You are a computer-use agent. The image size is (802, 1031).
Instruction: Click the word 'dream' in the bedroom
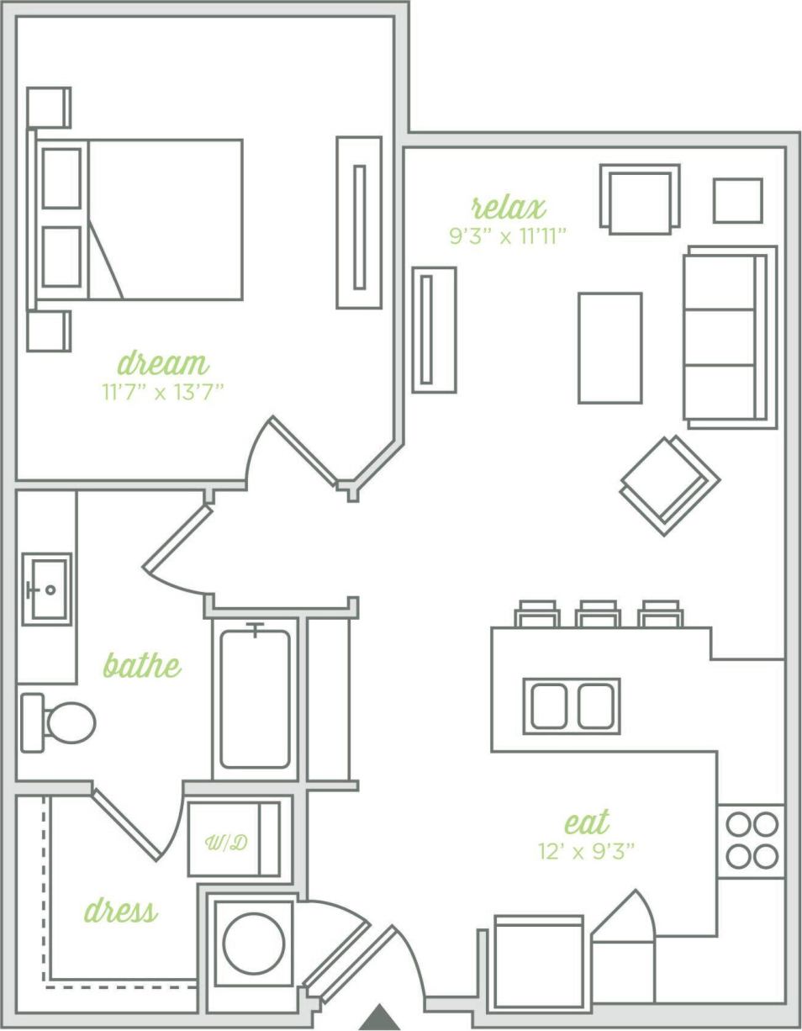coord(162,363)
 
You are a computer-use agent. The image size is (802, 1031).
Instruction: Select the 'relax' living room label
coord(508,206)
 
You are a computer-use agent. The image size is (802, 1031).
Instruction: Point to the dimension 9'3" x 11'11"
coord(508,235)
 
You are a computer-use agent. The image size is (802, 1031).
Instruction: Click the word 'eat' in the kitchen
coord(586,822)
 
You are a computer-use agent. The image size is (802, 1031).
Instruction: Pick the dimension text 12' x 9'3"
coord(586,851)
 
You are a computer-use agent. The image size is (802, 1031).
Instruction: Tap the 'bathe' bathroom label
coord(141,665)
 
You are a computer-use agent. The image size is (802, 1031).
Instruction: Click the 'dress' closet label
coord(120,911)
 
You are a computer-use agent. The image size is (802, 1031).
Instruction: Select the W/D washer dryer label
coord(227,842)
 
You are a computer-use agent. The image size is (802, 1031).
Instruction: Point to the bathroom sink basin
coord(46,590)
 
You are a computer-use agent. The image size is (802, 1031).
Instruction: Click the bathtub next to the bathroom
coord(255,699)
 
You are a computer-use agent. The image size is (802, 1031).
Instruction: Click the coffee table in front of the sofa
coord(609,348)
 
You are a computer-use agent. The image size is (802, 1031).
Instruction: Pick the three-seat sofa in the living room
coord(728,337)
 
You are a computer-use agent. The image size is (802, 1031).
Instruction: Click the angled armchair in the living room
coord(670,485)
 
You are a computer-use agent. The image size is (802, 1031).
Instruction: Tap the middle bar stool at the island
coord(598,615)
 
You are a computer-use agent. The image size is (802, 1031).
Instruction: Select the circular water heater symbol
coord(253,944)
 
